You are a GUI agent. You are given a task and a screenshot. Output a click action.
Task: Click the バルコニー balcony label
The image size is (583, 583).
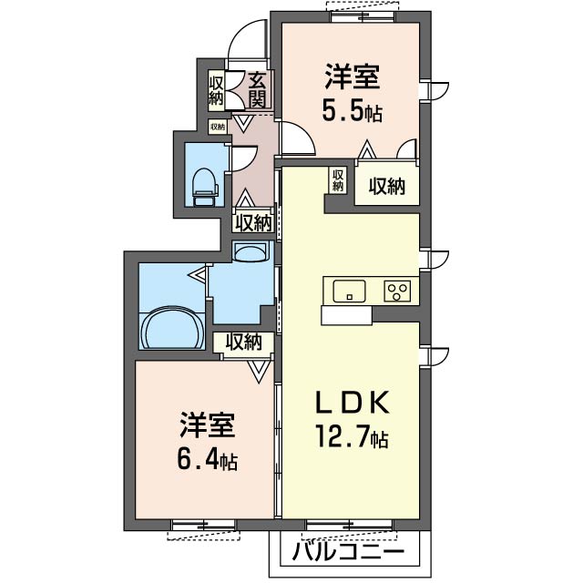point(348,552)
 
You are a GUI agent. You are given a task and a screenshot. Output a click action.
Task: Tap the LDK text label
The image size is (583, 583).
point(353,403)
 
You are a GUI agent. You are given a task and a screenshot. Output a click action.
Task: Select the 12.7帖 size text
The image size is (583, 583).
point(352,436)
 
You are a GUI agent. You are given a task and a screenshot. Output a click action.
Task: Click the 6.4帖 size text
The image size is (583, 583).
point(207,459)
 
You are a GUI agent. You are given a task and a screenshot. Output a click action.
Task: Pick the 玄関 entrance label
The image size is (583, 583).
point(258,89)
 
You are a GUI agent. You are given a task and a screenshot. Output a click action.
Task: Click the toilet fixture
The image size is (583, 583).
point(203,187)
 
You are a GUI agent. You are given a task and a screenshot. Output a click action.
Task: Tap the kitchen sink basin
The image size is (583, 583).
point(349,291)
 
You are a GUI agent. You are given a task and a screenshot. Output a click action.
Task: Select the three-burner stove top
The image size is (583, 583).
point(397,291)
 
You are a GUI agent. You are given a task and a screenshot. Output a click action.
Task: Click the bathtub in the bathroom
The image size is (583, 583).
point(171,327)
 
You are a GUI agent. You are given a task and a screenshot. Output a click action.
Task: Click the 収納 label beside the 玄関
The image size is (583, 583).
point(216,91)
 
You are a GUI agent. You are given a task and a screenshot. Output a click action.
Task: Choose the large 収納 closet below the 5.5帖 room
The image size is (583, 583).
point(386,186)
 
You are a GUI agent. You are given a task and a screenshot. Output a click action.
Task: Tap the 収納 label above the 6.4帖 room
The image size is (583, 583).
point(244,342)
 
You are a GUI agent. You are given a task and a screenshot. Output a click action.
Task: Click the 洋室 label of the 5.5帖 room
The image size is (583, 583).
point(353,77)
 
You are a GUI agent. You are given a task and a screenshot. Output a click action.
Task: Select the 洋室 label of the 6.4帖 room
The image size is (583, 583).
point(208,424)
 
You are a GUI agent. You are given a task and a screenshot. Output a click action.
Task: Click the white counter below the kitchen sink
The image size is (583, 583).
point(346,316)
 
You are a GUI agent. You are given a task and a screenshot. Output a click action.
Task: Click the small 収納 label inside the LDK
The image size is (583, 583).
point(338,180)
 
